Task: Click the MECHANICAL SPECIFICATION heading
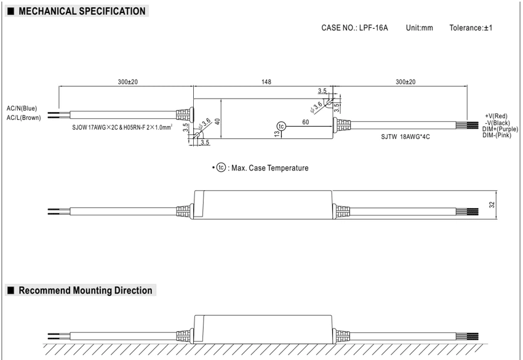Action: click(82, 11)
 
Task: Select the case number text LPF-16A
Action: click(373, 28)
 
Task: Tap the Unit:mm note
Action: click(419, 28)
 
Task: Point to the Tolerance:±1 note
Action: click(471, 28)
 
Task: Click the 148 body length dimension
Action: click(266, 82)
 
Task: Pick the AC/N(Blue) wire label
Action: click(22, 108)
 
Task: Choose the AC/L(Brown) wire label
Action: click(23, 118)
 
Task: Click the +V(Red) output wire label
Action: click(496, 116)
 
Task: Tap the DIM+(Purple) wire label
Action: click(500, 129)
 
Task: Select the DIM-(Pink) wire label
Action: click(497, 135)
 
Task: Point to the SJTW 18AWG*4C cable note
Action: click(405, 137)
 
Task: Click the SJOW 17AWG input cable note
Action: click(122, 127)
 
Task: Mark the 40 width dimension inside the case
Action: click(217, 121)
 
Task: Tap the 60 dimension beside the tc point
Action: click(306, 122)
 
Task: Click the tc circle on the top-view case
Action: click(281, 126)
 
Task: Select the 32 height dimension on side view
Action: click(492, 205)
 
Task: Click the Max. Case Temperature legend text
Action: click(270, 168)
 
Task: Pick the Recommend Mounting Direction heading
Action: click(86, 290)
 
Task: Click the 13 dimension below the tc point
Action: click(277, 134)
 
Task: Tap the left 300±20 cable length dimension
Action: click(128, 82)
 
